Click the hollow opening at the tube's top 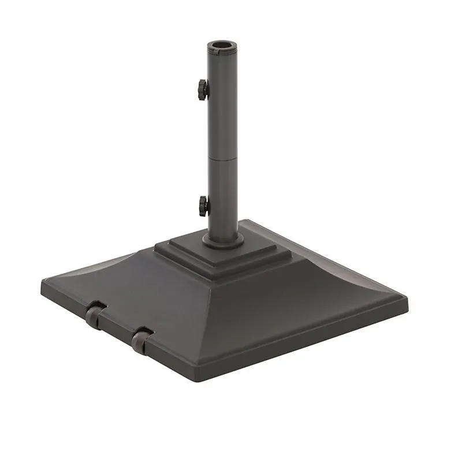[x=222, y=44]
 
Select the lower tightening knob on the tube [x=203, y=206]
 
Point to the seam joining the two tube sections [x=222, y=158]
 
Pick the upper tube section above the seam [x=222, y=104]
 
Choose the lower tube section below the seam [x=222, y=196]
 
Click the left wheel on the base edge [x=95, y=316]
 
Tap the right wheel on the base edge [x=141, y=340]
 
